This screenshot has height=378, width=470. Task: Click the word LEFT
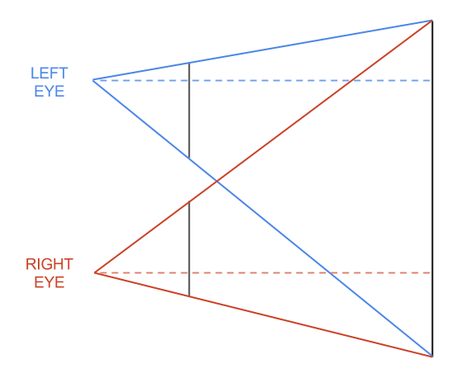[49, 73]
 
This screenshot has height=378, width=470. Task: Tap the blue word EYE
[49, 92]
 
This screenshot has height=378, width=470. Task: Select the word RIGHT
[49, 264]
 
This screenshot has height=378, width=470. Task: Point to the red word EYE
[49, 282]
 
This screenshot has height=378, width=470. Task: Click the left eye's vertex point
[93, 80]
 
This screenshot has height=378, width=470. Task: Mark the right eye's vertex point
[95, 272]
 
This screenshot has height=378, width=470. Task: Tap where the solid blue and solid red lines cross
[217, 182]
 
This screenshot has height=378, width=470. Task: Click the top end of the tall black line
[432, 21]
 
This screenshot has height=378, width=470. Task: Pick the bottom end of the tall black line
[432, 357]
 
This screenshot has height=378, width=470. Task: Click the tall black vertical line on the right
[432, 188]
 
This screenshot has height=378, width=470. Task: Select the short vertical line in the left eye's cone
[189, 111]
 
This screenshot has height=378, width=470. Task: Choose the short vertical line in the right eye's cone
[189, 248]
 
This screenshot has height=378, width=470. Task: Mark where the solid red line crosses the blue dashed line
[351, 80]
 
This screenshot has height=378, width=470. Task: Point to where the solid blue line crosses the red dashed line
[330, 272]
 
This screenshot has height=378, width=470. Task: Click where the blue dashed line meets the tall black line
[432, 80]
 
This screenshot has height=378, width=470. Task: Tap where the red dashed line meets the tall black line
[432, 272]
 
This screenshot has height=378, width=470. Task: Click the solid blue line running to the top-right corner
[262, 50]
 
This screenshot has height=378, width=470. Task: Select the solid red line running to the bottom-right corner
[264, 314]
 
